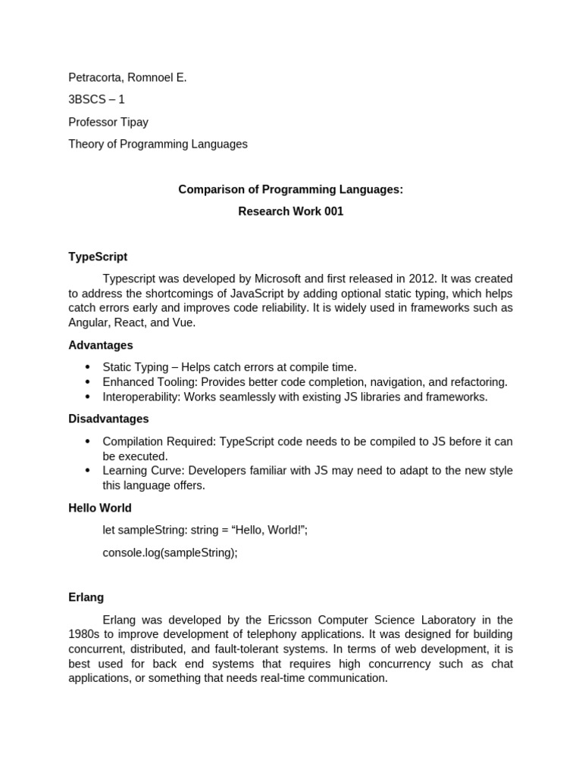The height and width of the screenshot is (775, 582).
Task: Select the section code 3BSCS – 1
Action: click(96, 99)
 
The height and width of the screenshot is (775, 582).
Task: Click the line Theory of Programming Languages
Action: click(158, 144)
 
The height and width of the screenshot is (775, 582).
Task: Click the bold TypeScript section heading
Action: click(98, 257)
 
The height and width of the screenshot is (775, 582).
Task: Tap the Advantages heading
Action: click(101, 345)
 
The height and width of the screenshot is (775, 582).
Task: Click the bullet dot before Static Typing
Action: click(87, 367)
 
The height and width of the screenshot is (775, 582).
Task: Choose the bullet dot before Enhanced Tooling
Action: click(87, 382)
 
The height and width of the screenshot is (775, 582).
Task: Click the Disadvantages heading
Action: click(108, 419)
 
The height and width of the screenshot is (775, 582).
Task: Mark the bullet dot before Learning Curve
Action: click(87, 471)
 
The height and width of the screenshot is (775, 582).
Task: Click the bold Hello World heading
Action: click(100, 508)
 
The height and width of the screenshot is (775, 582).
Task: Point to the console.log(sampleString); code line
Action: click(170, 552)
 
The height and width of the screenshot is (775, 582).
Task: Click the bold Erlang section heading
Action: click(86, 597)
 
